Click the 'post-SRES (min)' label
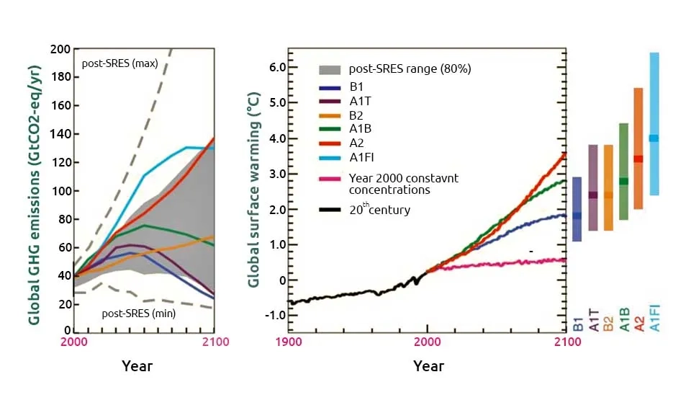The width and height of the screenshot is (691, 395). point(138,314)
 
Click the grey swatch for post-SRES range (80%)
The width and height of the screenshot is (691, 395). point(330,69)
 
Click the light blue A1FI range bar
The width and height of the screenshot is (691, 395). point(654,123)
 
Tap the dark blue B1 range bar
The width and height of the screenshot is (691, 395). point(577,209)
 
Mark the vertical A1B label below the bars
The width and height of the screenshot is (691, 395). point(623,317)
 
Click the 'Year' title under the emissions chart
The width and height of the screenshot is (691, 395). point(136,365)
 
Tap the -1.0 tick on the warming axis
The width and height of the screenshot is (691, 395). point(274,316)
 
